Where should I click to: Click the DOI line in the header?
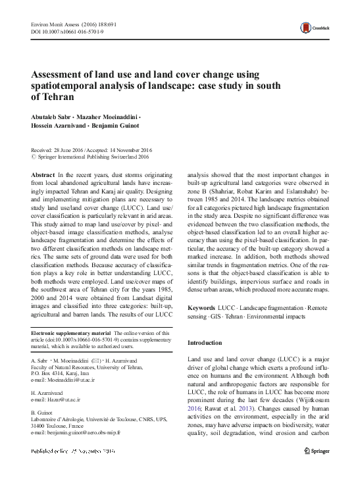[x=58, y=31]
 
